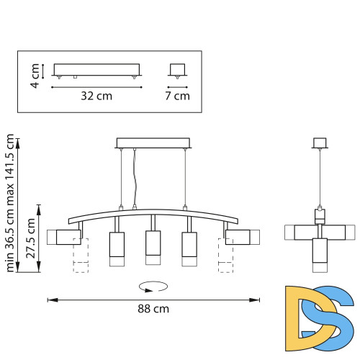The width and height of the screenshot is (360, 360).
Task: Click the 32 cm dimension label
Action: (96, 96)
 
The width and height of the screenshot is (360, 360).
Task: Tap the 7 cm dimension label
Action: (177, 96)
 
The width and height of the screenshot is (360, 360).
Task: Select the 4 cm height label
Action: (35, 76)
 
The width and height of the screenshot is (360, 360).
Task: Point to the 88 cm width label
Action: (153, 309)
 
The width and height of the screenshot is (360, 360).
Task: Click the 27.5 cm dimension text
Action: (31, 238)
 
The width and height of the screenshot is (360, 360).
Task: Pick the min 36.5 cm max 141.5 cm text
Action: (9, 203)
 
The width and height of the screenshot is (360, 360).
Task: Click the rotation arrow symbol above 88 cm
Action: (153, 287)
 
